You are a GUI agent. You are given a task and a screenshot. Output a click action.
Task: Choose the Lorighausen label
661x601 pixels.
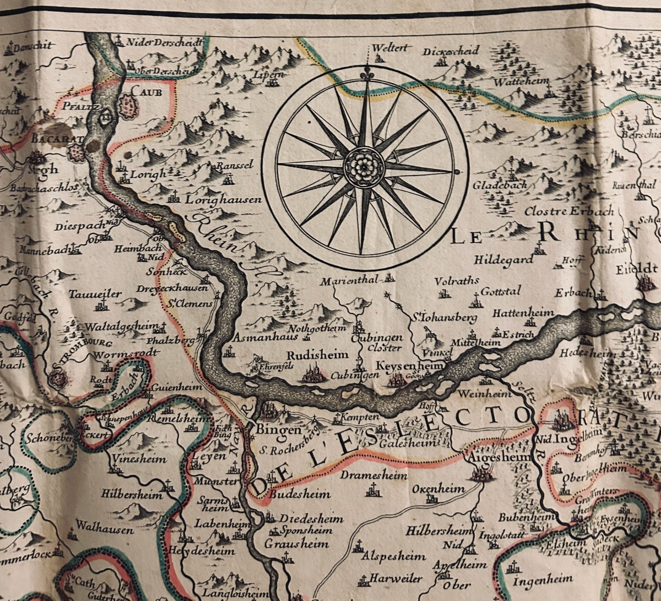pos(223,201)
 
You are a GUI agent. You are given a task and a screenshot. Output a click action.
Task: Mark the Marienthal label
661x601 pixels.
pos(349,279)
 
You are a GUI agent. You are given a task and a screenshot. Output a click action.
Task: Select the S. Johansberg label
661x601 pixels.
pos(437,318)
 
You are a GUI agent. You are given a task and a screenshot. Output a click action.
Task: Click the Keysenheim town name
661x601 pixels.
pos(402,365)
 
